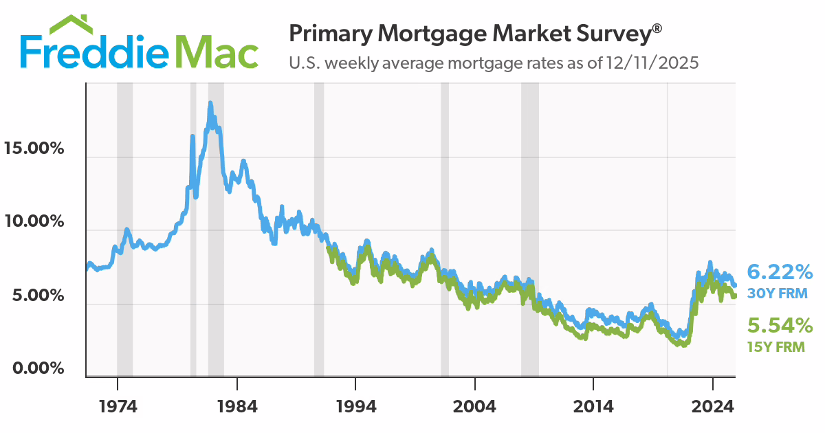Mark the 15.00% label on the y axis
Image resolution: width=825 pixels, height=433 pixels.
click(x=34, y=148)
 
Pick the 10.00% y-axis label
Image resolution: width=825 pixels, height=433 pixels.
click(x=34, y=221)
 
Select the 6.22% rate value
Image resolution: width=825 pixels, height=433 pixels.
click(x=780, y=272)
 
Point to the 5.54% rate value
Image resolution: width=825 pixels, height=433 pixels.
click(x=780, y=325)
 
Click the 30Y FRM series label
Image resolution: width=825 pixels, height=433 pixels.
click(x=778, y=294)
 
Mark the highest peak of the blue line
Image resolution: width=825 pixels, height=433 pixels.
click(x=210, y=103)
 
